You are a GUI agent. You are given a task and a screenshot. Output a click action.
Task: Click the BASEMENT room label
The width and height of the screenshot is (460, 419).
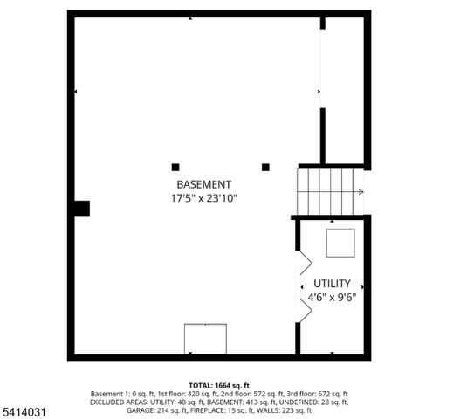pos(203,184)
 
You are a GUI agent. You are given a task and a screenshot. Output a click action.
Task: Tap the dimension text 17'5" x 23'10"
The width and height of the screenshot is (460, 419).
pos(203,198)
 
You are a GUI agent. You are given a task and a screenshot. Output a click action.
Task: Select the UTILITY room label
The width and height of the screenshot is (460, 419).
pos(333,284)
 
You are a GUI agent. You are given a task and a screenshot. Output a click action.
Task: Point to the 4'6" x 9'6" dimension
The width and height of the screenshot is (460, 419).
pos(333,298)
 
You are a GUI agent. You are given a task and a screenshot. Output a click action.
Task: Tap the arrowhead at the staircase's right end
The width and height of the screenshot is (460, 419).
pos(360,192)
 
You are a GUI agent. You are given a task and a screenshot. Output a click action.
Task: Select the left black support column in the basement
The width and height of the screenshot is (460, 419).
pos(175,167)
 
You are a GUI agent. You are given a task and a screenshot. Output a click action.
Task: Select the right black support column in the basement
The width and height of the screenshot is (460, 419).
pos(266,167)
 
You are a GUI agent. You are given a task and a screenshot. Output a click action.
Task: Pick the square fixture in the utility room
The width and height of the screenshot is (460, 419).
pos(340,243)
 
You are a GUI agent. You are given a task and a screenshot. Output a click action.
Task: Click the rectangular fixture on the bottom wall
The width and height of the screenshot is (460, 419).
pos(205,339)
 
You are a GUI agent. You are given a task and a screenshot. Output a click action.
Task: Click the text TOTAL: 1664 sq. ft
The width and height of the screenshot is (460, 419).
pos(220,385)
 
